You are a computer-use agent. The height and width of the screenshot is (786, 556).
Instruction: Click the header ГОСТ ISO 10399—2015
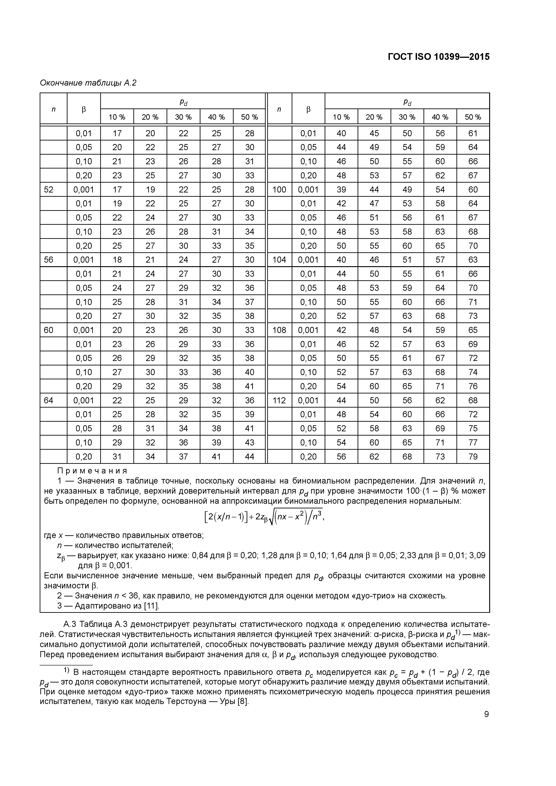[439, 57]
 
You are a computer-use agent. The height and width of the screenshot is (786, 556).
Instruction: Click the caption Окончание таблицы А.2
[88, 83]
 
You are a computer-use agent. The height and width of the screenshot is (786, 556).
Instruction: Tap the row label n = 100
[279, 190]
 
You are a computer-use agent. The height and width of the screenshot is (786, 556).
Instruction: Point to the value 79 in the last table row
[473, 456]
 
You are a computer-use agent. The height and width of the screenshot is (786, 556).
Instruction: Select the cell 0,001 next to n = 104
[308, 260]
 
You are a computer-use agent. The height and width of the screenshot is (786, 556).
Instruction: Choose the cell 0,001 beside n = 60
[84, 330]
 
